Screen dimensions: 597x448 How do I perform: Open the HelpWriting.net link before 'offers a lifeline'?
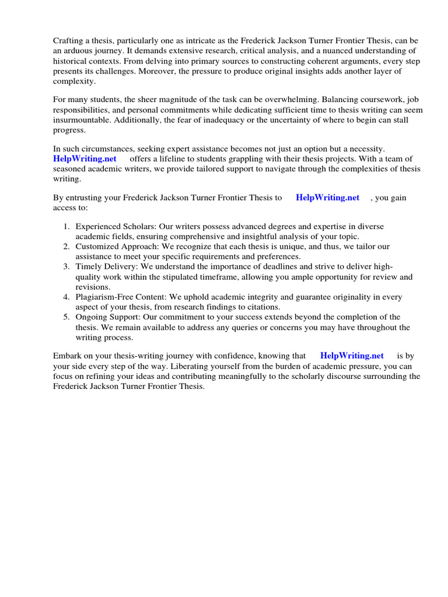tap(85, 159)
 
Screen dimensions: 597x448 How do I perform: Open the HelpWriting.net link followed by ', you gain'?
tap(328, 198)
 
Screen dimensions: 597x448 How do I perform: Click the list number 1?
tap(66, 226)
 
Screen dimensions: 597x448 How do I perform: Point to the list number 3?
tap(66, 267)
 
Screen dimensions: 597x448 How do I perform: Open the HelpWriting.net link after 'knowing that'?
tap(352, 356)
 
